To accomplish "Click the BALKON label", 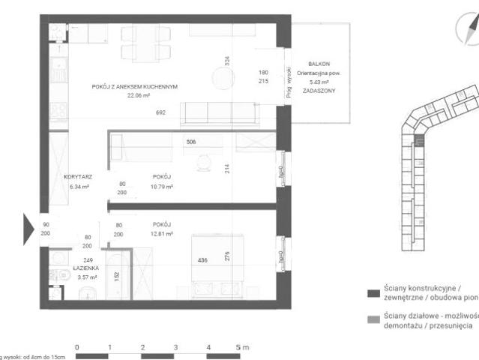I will pos(320,64).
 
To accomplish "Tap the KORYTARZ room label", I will pos(79,177).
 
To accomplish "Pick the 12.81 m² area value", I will pos(161,234).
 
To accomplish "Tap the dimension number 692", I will pos(160,112).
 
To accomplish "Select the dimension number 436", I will pos(202,260).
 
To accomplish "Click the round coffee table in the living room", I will pos(222,78).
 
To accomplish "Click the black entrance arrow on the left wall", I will pos(28,225).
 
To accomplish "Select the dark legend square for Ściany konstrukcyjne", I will pos(371,292).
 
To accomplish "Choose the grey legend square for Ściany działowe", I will pos(371,321).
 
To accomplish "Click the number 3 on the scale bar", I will pos(175,348).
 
